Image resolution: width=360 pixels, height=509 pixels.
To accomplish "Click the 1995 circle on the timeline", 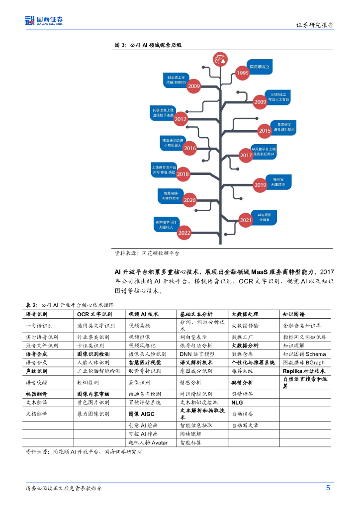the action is point(242,74).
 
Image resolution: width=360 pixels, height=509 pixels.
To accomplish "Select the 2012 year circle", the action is point(180,119).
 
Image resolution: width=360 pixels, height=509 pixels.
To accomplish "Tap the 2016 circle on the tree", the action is point(190,148).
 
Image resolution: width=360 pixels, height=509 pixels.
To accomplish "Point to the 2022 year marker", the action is point(184,232).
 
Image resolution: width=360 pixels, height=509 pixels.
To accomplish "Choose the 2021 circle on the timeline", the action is point(246,220).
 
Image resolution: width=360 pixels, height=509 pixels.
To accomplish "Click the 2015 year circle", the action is point(265,131).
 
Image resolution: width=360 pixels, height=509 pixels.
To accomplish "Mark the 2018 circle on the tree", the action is point(183,174).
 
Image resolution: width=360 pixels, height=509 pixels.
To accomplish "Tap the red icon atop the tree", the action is point(218,60).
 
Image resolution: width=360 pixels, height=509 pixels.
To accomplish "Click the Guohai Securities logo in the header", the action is point(44,21).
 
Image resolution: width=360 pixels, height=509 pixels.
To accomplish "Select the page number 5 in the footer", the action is point(328,488).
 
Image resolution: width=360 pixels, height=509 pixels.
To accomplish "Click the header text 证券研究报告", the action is point(315,25).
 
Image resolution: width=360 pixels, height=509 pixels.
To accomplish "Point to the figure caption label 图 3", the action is point(120,45).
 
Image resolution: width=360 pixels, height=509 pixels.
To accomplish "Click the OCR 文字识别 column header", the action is point(94,315).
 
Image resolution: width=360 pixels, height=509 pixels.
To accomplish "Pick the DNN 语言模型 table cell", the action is point(197,354).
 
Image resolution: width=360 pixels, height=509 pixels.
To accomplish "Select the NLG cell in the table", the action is point(237,402).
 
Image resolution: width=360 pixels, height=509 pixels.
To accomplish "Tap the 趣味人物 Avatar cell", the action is point(148,442).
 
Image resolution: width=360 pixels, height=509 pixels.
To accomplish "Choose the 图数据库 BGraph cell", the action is point(304,362).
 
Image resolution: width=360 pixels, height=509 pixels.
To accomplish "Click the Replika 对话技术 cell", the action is point(304,371).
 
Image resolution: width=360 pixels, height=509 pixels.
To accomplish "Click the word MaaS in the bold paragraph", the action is point(260,272).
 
